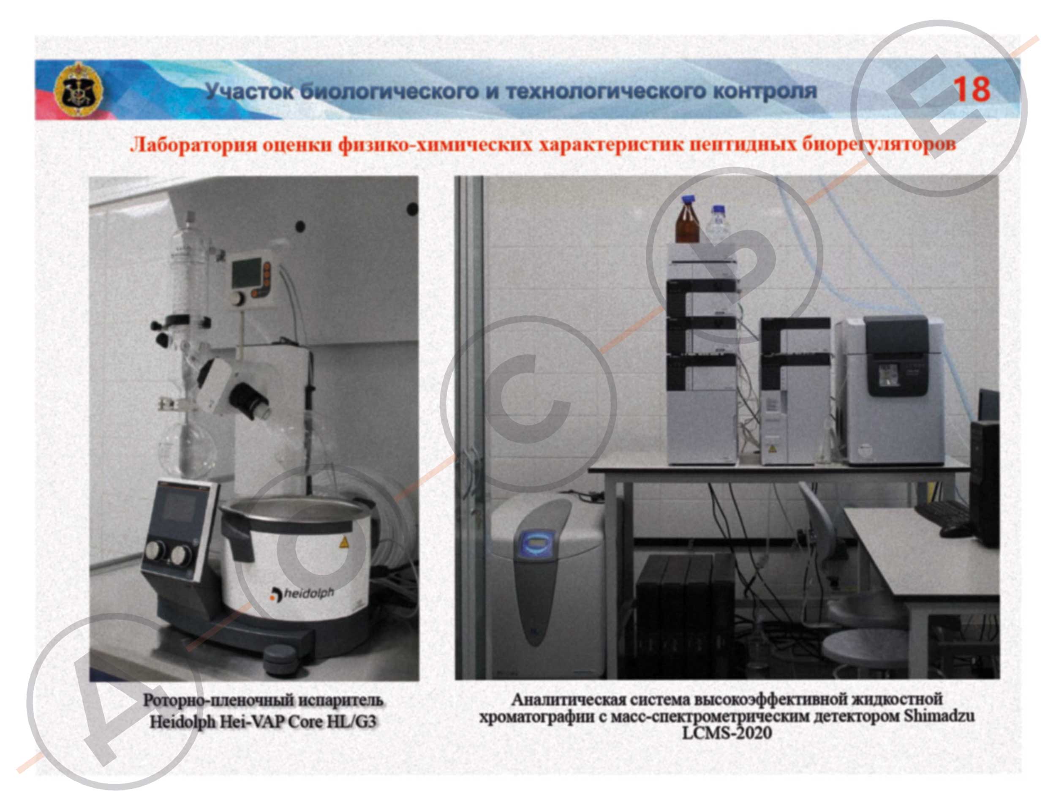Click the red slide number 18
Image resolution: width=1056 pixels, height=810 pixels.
click(971, 90)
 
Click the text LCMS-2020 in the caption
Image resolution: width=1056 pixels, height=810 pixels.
click(727, 734)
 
